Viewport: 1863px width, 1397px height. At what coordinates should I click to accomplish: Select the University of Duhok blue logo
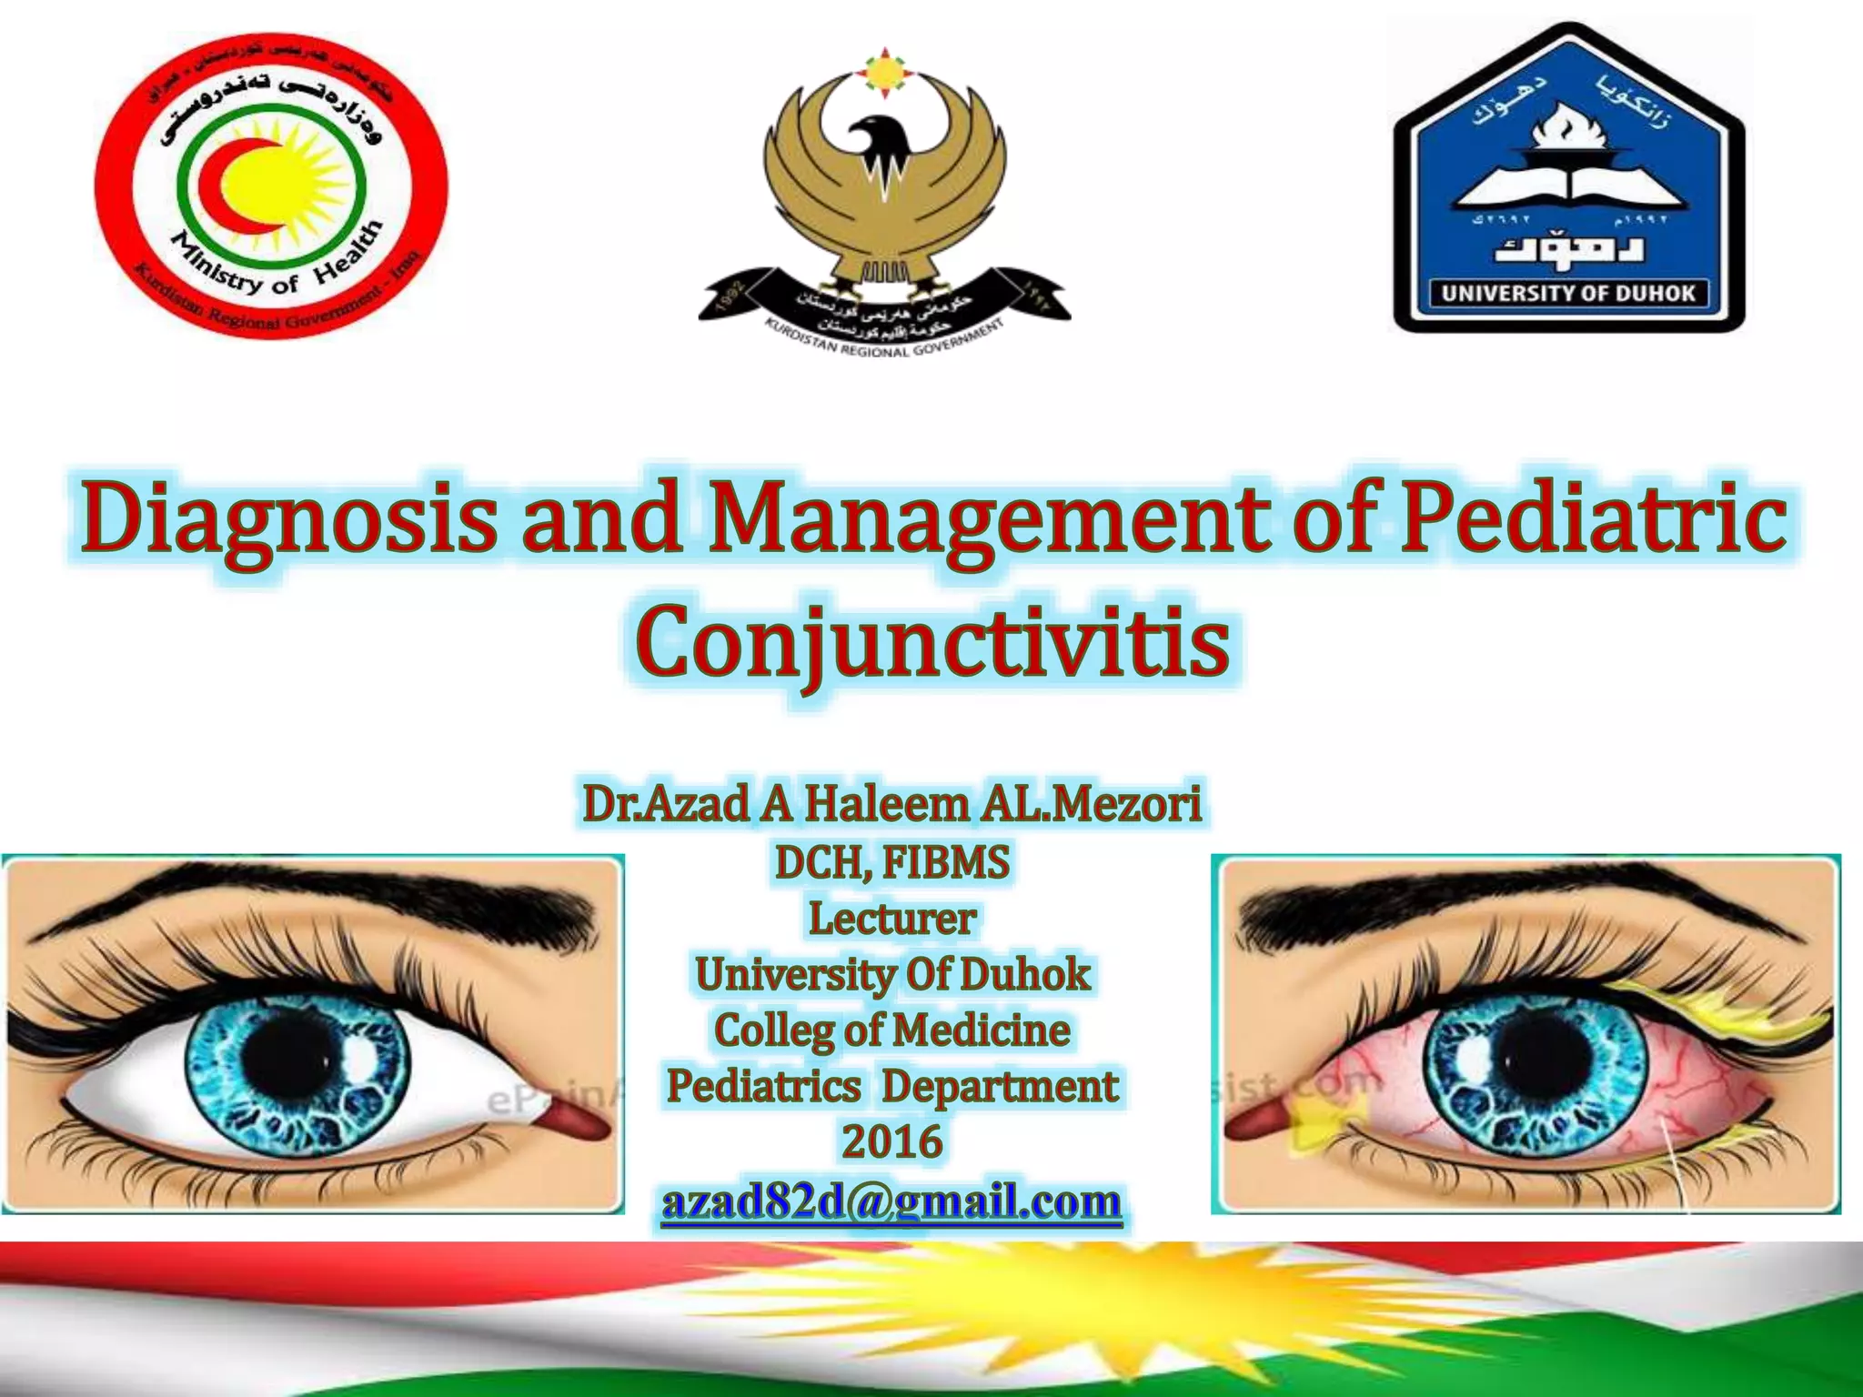point(1568,178)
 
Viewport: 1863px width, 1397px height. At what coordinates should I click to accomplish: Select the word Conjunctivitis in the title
point(931,644)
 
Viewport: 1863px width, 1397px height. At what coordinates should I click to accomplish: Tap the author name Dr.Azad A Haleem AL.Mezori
point(892,804)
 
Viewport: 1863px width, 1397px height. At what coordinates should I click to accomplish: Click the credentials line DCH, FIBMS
point(892,862)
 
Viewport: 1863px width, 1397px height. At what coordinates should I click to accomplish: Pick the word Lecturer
point(892,919)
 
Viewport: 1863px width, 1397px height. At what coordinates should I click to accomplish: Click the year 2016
point(892,1141)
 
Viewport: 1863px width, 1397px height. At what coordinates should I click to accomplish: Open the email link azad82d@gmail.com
point(892,1201)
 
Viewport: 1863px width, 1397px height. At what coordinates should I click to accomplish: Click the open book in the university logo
point(1568,186)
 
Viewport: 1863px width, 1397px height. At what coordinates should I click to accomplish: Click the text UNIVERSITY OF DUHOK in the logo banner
point(1568,293)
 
